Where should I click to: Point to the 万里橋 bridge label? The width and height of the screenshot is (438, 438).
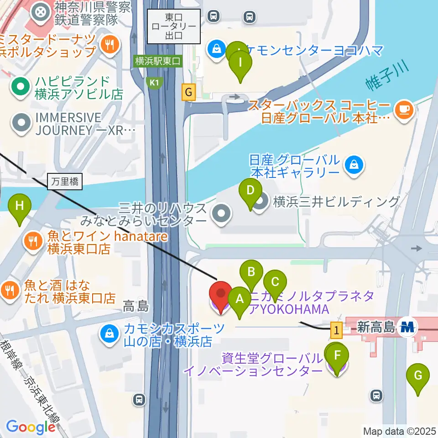click(x=64, y=182)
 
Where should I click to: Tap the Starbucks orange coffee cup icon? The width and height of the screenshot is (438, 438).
click(x=404, y=109)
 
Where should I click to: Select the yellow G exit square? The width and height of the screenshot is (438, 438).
click(x=188, y=93)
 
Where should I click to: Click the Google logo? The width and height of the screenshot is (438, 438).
click(x=31, y=427)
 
